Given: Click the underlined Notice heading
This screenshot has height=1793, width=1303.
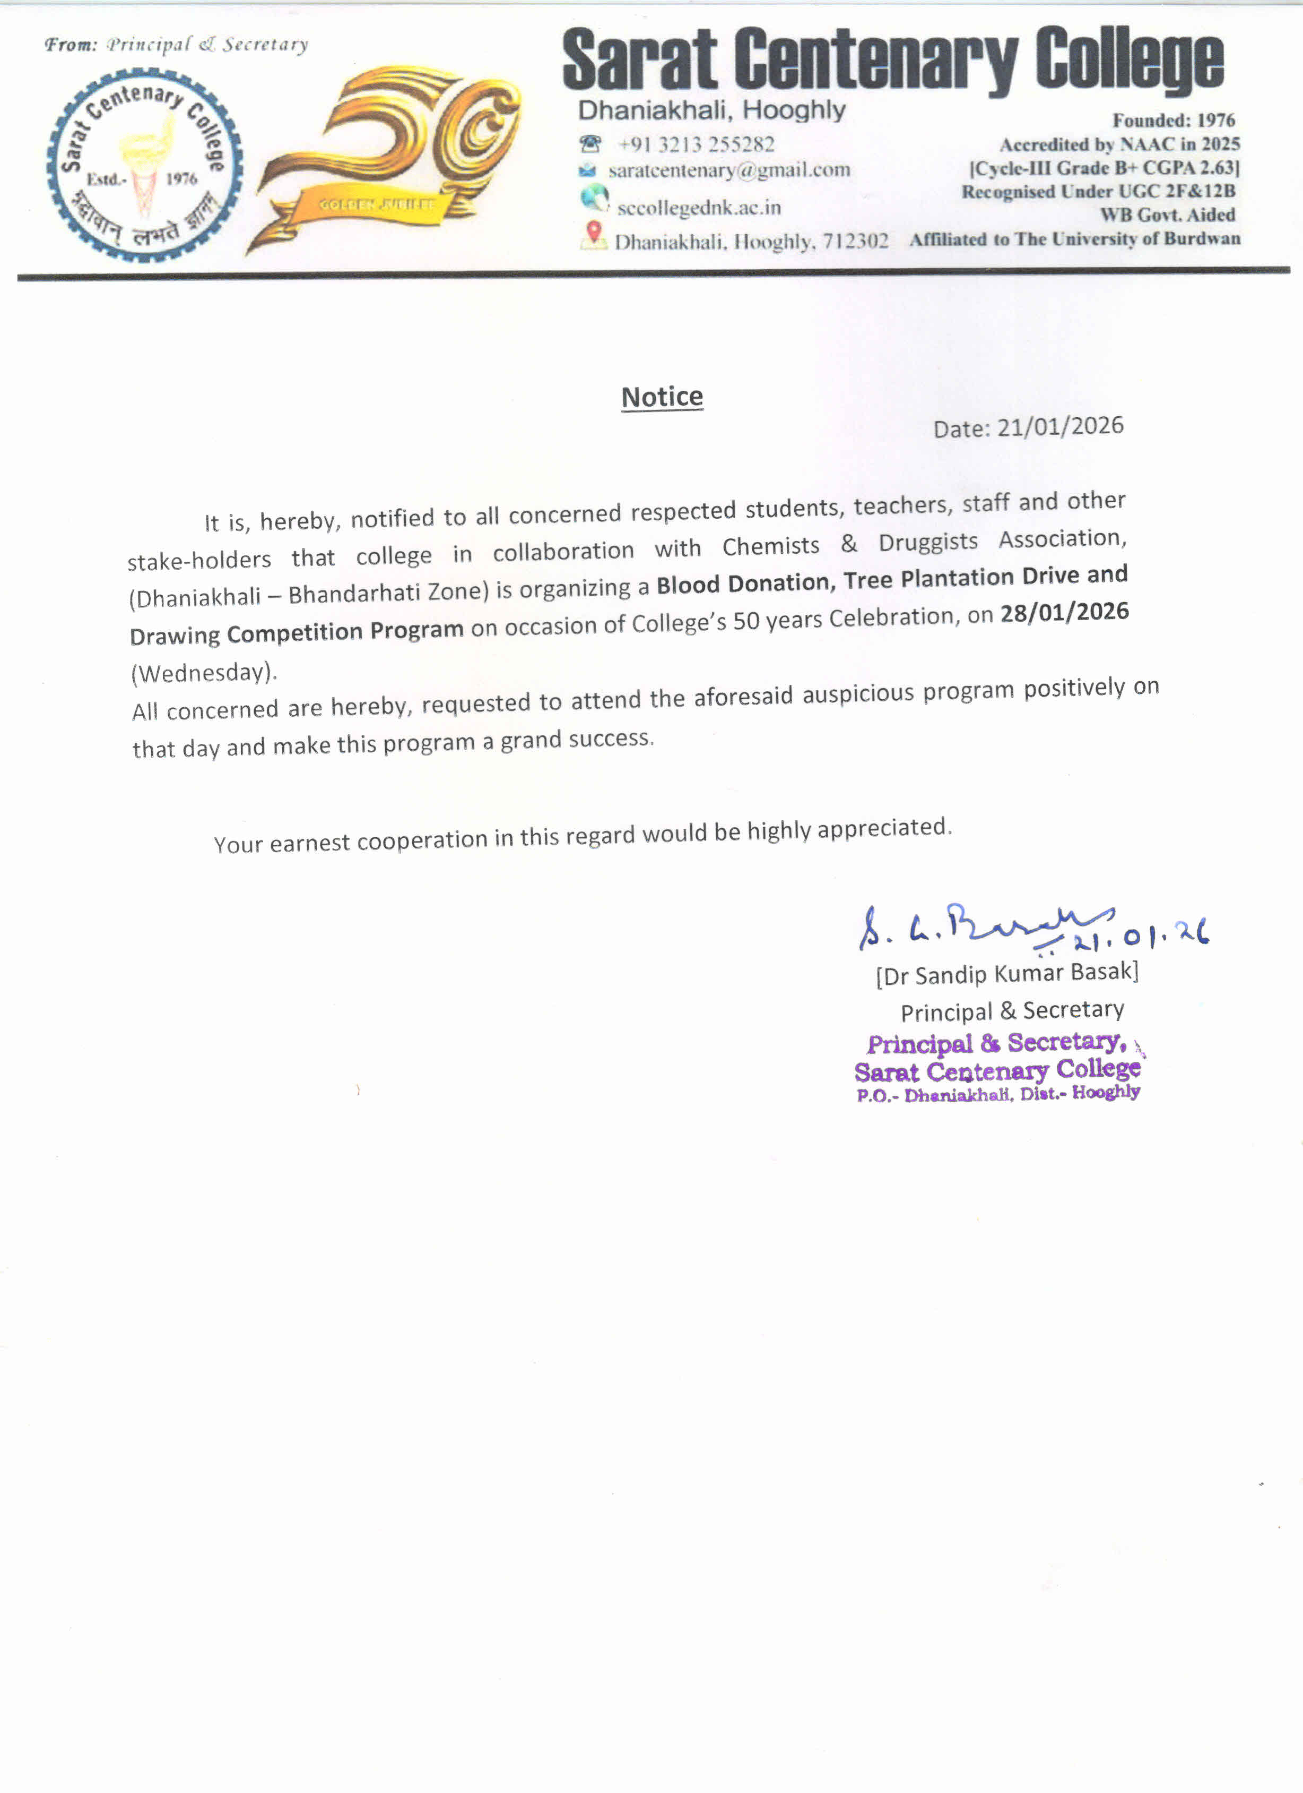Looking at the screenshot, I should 662,396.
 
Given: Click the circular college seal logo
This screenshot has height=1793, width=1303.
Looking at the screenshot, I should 145,165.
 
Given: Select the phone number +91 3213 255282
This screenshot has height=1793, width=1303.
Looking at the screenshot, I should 696,144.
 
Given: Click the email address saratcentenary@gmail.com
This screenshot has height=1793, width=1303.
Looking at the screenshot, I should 728,170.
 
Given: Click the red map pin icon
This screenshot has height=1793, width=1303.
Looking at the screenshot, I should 594,233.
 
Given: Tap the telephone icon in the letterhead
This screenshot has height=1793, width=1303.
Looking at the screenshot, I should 589,144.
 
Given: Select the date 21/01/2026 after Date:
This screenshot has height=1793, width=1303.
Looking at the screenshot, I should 1059,426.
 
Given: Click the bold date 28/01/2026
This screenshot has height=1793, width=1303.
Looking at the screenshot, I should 1064,613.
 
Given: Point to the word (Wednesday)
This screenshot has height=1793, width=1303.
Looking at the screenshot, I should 204,673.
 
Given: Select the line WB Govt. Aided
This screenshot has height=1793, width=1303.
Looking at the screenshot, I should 1167,215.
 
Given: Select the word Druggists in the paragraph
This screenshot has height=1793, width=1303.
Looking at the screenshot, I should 928,542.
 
